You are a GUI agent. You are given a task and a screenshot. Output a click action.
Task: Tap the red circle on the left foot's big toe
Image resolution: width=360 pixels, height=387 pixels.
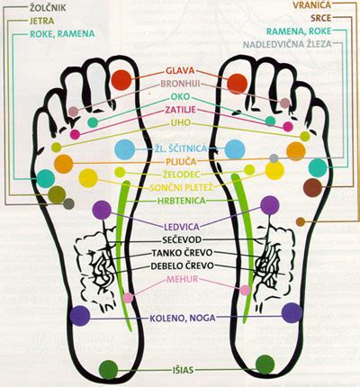coord(121,80)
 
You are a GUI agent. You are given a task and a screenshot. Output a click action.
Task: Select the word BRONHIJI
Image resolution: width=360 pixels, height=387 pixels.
coord(180,84)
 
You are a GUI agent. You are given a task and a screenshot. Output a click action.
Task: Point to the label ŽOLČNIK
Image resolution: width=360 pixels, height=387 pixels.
coord(48,8)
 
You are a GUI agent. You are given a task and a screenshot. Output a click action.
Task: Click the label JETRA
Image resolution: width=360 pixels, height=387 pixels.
coord(42,21)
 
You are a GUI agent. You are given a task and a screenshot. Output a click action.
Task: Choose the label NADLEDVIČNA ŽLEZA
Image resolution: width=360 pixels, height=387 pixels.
coord(287,44)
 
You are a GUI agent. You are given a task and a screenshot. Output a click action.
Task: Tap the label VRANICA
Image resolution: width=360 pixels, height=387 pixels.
coord(312,5)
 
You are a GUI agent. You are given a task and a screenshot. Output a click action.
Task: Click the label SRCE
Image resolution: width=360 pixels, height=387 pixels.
coord(321,18)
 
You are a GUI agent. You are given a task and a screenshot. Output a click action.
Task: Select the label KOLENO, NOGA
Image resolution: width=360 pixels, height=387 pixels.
coord(183,318)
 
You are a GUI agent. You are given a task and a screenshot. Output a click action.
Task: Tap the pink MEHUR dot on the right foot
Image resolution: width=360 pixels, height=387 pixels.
coord(245,290)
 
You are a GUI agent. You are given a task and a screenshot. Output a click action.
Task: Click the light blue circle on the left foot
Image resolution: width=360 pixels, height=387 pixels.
coord(125,149)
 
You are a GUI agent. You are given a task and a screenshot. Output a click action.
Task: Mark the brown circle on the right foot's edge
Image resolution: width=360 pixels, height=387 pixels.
coord(312,187)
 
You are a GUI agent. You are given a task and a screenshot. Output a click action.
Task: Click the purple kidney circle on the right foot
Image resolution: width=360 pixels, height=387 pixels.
coord(270,205)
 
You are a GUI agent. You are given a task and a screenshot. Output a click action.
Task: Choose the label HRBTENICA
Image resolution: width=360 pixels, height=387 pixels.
coord(182,201)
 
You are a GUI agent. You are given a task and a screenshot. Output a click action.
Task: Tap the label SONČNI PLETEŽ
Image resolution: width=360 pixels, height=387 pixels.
coord(182,188)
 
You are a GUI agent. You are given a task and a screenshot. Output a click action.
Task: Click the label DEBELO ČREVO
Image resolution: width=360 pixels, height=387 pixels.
coord(183,265)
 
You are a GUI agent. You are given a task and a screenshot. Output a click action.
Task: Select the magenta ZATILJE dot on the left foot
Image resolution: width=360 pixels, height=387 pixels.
coord(75,134)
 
